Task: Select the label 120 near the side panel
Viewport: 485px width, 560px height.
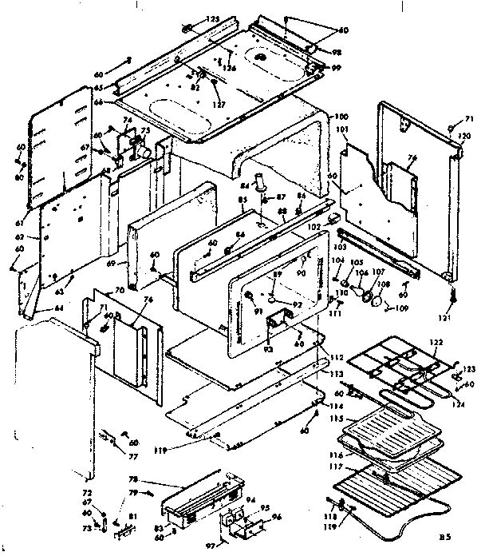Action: (461, 137)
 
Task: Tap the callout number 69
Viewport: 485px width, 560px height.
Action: (111, 262)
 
